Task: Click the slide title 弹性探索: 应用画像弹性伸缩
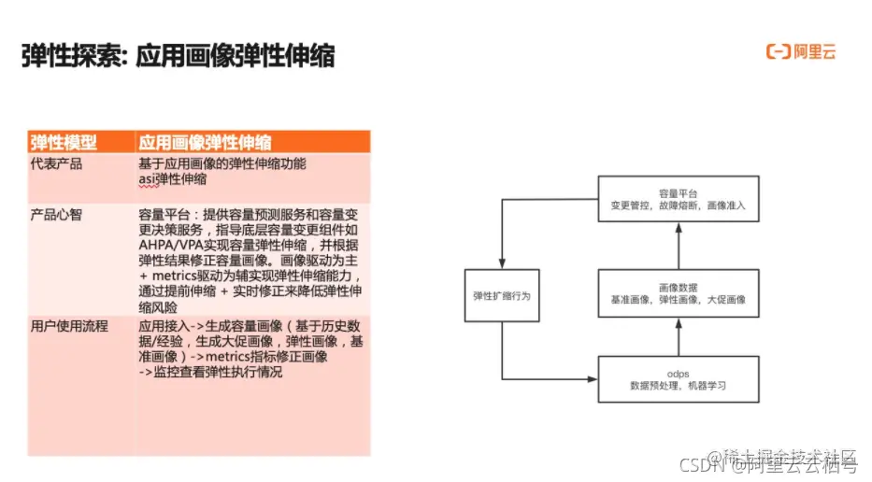[178, 56]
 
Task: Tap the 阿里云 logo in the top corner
[801, 51]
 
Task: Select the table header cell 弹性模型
[64, 142]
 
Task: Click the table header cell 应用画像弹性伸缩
[205, 142]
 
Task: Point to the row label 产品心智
[56, 214]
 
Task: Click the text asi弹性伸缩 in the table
[172, 178]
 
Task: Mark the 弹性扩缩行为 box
[502, 295]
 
